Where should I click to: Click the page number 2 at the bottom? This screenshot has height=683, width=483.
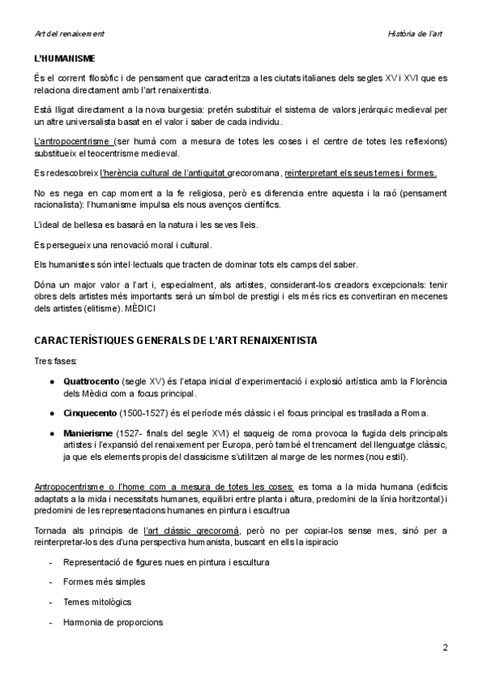[x=445, y=647]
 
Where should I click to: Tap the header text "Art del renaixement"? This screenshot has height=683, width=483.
[x=70, y=34]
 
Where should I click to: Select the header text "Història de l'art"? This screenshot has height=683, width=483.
[x=416, y=34]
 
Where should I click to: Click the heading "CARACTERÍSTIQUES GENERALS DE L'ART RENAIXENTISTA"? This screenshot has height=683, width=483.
[x=175, y=341]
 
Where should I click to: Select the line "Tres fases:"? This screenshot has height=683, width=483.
[x=56, y=362]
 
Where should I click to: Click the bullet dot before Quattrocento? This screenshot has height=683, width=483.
[x=52, y=380]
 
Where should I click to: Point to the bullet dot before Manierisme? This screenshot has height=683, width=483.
[x=52, y=434]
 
